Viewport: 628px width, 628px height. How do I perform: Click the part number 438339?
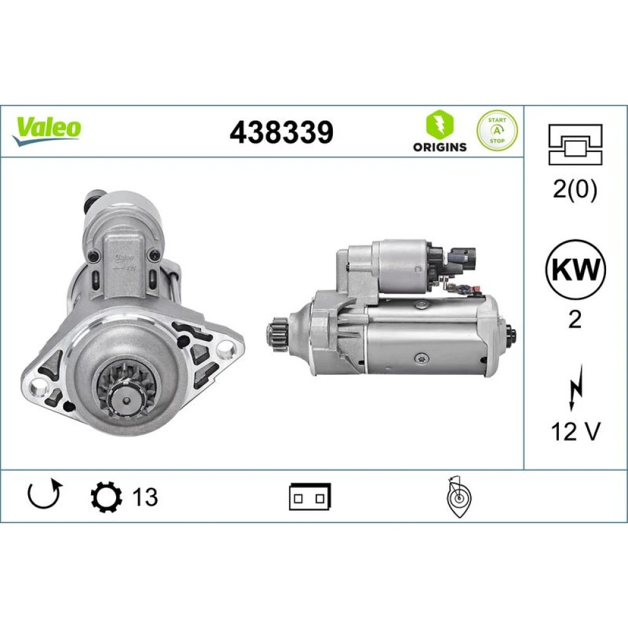281,132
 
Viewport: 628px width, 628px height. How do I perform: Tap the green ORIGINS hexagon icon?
440,124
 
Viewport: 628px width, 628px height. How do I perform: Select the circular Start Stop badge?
497,131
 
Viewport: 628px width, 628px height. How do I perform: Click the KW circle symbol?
575,269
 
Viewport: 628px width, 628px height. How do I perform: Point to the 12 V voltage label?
575,431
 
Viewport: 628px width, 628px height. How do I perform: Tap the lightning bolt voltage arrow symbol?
575,387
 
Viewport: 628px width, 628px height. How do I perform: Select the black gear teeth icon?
107,497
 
